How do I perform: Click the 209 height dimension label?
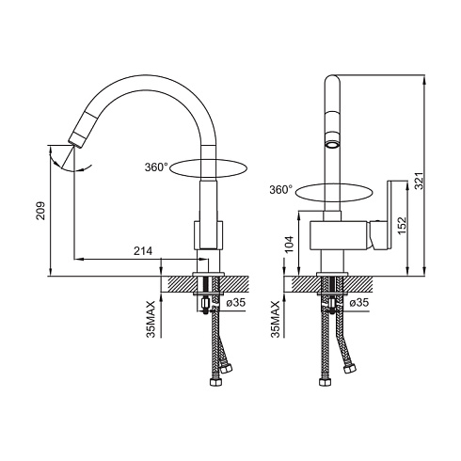click(40, 211)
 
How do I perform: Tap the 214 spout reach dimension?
click(143, 250)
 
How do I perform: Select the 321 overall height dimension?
click(419, 181)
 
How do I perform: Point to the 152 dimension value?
click(402, 225)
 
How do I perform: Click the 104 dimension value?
click(289, 245)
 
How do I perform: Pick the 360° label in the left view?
click(156, 167)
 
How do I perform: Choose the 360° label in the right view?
click(281, 189)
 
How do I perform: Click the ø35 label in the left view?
click(235, 303)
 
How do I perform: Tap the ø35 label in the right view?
click(359, 303)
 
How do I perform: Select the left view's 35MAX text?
click(151, 319)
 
